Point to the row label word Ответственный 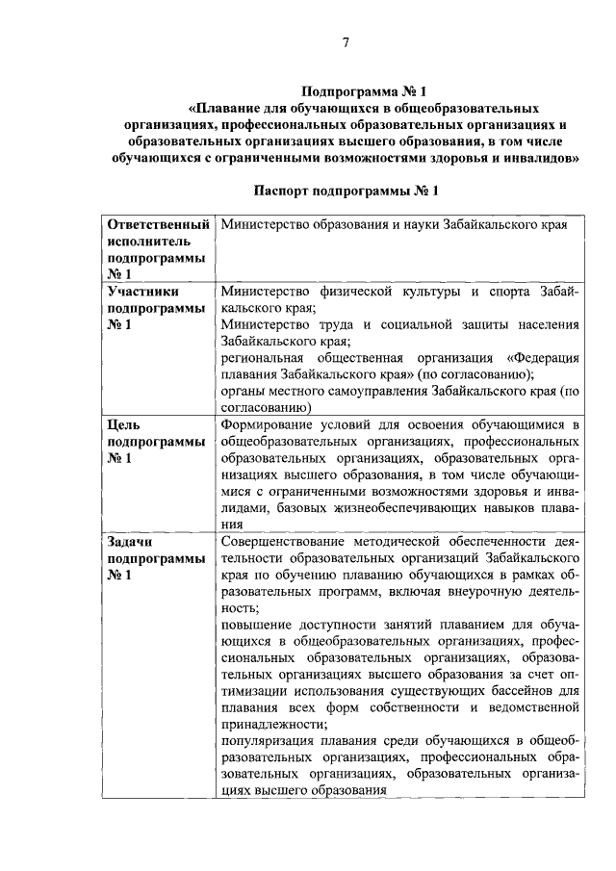pos(159,225)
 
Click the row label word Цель pos(125,423)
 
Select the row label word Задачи pos(132,541)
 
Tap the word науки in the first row pos(409,225)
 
